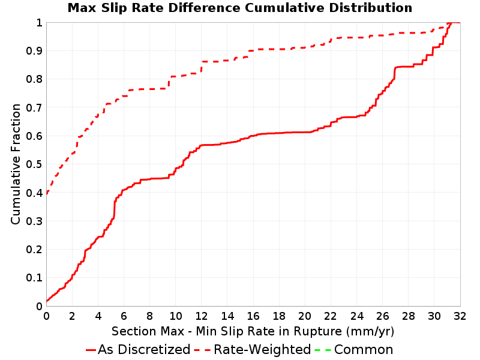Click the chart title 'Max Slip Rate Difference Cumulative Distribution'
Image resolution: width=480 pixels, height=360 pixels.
tap(239, 8)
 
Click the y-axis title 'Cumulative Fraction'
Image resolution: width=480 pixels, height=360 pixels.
tap(16, 164)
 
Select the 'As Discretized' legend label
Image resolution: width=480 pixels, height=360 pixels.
tap(144, 349)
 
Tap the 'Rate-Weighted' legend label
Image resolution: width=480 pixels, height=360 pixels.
tap(262, 349)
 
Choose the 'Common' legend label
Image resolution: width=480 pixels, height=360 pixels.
tap(364, 349)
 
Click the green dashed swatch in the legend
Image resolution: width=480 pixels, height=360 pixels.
tap(323, 350)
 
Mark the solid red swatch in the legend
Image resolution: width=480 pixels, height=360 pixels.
tap(91, 350)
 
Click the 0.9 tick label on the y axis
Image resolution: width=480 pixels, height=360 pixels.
tap(34, 51)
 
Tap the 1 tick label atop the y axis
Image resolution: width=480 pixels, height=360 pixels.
tap(39, 23)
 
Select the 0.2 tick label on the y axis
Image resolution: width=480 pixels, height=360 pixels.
tap(34, 250)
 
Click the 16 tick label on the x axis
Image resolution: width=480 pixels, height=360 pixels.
tap(253, 316)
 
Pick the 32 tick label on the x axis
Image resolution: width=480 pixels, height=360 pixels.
tap(460, 316)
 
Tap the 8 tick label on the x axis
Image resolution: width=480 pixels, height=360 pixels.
tap(149, 316)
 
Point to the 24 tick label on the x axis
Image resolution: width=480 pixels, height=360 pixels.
tap(356, 316)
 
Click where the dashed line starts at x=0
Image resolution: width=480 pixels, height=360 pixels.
tap(47, 194)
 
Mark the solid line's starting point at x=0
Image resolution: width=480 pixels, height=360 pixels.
tap(47, 302)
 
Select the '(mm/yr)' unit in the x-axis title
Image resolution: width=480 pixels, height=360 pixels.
tap(370, 332)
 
